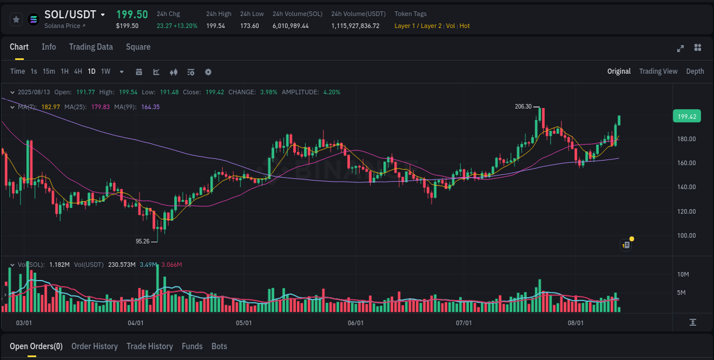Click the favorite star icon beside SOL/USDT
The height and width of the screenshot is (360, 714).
coord(17,19)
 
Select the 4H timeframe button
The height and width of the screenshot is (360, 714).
coord(78,71)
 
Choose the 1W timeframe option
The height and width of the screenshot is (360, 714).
coord(106,71)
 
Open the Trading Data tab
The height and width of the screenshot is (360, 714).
coord(91,47)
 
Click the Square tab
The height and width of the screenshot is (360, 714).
coord(138,47)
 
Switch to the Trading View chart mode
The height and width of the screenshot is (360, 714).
coord(658,71)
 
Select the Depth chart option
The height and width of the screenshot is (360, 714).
coord(695,71)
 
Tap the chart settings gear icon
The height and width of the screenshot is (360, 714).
coord(208,72)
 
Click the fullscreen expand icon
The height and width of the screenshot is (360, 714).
coord(680,48)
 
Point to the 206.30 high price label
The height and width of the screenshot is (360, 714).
coord(523,106)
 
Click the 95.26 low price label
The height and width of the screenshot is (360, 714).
coord(142,241)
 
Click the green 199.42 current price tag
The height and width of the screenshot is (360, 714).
coord(687,117)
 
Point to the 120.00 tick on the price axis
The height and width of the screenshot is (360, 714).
coord(686,211)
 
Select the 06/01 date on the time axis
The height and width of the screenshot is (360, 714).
coord(355,323)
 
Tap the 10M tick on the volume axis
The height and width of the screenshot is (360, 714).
coord(683,275)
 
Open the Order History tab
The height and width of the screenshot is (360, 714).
coord(94,346)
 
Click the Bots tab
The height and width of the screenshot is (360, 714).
coord(219,346)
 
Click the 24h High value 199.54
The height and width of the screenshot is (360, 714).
coord(215,26)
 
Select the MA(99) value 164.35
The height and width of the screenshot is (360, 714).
coord(150,107)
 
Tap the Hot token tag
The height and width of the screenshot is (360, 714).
coord(464,26)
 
